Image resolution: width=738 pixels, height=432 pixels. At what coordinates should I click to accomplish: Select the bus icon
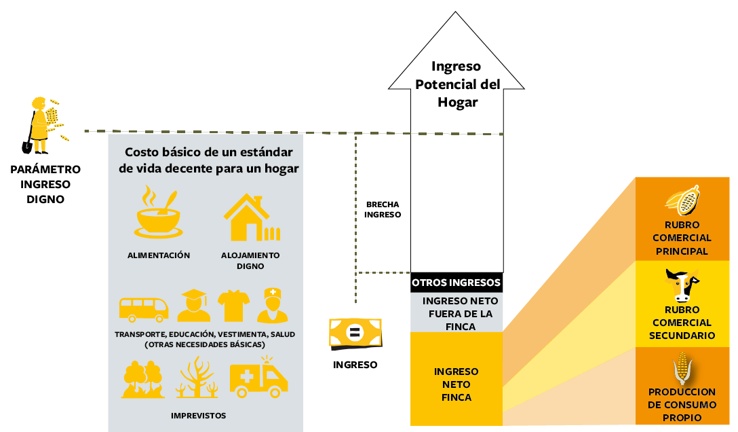click(144, 308)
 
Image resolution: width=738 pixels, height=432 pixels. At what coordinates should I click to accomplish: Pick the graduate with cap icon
click(193, 306)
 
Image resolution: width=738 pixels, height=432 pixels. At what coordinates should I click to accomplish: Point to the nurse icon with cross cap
click(273, 306)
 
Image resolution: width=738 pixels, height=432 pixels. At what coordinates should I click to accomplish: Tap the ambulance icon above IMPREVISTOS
click(258, 380)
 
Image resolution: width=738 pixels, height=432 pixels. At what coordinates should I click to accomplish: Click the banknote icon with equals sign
click(355, 333)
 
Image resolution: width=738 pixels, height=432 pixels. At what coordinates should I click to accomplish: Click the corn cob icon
click(682, 369)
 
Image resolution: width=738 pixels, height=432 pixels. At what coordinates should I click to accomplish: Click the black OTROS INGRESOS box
click(457, 283)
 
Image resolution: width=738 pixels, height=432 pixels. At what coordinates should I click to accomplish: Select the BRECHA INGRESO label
click(383, 209)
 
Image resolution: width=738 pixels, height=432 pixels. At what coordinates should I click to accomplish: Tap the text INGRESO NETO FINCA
click(457, 384)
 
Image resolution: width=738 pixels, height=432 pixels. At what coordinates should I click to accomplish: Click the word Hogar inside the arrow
click(457, 103)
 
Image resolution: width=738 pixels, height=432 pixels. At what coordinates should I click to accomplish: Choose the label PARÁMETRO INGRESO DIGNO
click(45, 184)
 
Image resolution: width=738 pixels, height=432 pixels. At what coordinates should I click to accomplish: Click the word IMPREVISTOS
click(199, 415)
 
